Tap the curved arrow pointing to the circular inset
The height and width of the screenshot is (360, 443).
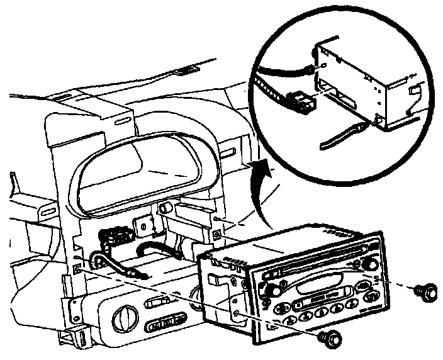point(260,189)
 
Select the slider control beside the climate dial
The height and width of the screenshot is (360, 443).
point(160,303)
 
